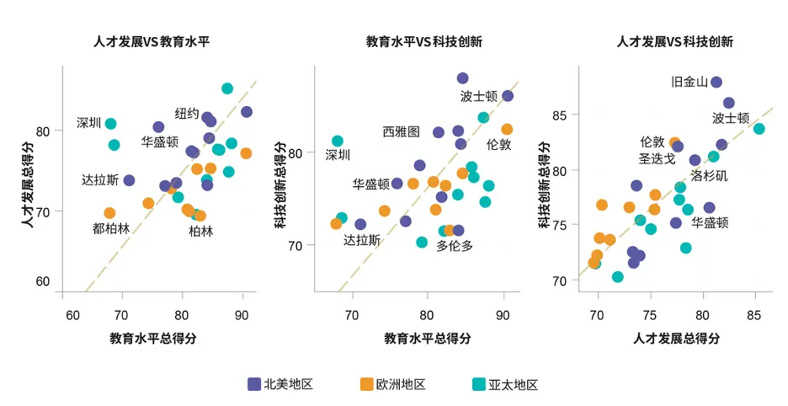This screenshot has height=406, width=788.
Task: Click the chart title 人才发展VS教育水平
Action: (152, 41)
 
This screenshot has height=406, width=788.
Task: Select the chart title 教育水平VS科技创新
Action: (424, 41)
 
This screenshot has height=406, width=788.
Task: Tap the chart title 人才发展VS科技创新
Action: (675, 41)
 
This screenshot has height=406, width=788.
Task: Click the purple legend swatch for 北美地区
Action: (254, 384)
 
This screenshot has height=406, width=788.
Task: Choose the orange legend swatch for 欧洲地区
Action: (367, 384)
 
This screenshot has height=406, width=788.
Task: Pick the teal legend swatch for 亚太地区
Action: (479, 384)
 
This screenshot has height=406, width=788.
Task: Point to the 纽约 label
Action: (187, 114)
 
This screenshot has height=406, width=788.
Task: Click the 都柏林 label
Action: (111, 228)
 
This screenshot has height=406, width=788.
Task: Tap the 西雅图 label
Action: (401, 131)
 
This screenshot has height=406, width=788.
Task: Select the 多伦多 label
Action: (455, 246)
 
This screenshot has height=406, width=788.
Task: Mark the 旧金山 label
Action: (689, 82)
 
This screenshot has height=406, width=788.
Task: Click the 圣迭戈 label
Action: (657, 159)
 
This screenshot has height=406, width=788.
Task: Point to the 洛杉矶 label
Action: (709, 175)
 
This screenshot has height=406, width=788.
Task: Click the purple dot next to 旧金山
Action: (716, 82)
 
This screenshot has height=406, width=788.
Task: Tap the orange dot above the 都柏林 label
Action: (109, 213)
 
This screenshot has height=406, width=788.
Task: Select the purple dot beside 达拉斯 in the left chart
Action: (129, 180)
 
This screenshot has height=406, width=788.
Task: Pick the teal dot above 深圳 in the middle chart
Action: (338, 142)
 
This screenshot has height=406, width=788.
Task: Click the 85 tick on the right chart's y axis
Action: (559, 115)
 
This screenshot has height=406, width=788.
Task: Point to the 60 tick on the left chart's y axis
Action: (43, 281)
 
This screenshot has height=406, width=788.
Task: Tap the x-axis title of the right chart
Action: (676, 338)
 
